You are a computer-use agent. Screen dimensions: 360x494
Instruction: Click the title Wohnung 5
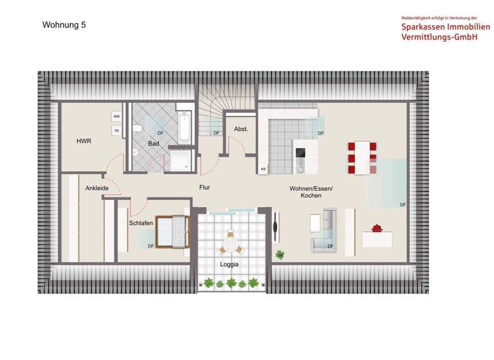[64, 25]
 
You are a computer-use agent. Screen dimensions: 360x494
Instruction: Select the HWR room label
[84, 141]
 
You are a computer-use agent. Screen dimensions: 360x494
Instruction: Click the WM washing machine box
[116, 116]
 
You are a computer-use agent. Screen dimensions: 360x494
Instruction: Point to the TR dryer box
[116, 130]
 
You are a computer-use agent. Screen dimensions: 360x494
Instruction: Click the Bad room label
[154, 143]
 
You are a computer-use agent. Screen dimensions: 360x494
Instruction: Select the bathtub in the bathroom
[185, 127]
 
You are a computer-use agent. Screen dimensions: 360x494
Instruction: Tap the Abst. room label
[241, 129]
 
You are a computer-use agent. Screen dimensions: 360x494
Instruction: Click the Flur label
[205, 187]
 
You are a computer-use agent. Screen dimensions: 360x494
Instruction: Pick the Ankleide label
[96, 188]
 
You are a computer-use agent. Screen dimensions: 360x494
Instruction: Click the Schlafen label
[140, 222]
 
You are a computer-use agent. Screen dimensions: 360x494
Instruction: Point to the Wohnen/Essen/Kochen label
[311, 191]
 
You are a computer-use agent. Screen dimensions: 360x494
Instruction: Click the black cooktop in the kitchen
[300, 153]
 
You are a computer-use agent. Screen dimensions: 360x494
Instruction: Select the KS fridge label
[263, 169]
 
